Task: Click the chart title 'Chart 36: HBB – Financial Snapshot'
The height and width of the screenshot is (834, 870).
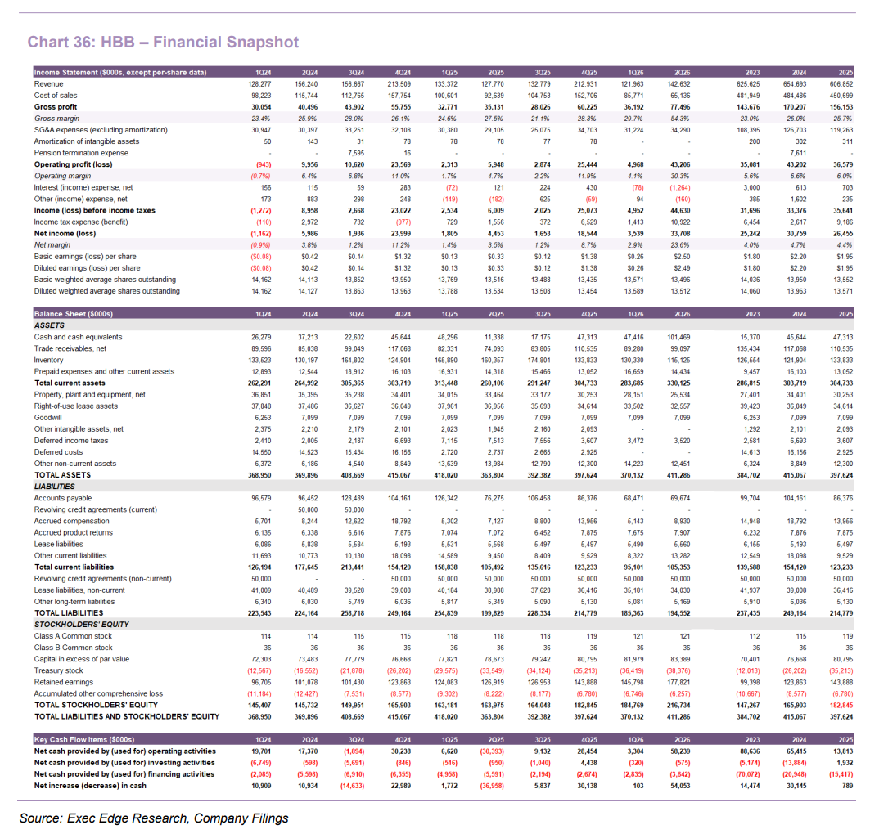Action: (163, 43)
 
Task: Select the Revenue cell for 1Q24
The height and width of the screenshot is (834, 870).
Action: (259, 84)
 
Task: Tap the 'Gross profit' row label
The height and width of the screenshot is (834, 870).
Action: (56, 107)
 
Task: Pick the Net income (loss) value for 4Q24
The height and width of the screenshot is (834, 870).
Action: (399, 234)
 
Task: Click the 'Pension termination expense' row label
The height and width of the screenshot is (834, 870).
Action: (81, 153)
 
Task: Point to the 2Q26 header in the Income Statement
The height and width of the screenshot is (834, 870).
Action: (682, 73)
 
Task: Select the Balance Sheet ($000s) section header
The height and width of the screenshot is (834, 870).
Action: (73, 314)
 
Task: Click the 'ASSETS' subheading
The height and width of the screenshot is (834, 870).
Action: (49, 325)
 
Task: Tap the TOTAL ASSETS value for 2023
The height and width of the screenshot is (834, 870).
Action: (749, 476)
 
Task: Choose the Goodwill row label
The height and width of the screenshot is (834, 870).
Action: (47, 418)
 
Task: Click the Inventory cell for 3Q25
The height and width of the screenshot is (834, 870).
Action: (539, 361)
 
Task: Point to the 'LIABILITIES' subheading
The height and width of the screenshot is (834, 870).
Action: (54, 486)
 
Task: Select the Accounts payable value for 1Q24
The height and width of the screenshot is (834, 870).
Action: (261, 498)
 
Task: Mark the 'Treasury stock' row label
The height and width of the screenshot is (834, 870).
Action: (58, 671)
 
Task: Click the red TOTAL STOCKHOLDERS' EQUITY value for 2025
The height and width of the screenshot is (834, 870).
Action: (841, 706)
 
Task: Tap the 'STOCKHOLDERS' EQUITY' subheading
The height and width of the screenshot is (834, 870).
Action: (82, 625)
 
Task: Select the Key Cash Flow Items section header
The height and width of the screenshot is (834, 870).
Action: (84, 740)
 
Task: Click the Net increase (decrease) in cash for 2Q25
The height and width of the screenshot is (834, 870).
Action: (492, 786)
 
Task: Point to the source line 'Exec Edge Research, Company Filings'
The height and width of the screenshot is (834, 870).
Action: (178, 818)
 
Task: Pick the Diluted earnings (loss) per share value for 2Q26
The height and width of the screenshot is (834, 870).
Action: (683, 268)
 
